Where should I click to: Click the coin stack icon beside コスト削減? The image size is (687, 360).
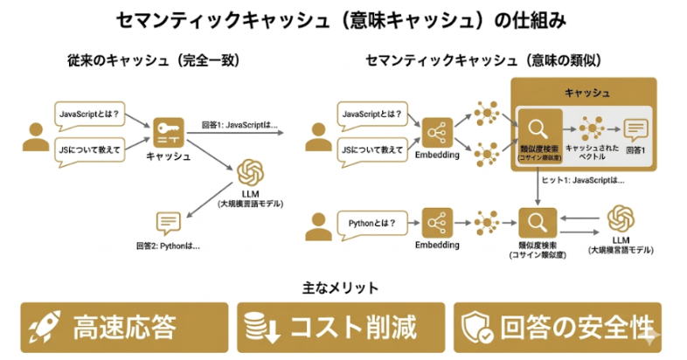tap(258, 327)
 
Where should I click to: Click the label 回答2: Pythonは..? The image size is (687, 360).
tap(168, 246)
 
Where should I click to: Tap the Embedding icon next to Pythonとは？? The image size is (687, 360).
tap(436, 222)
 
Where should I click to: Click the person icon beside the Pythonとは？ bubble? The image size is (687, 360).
tap(316, 225)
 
